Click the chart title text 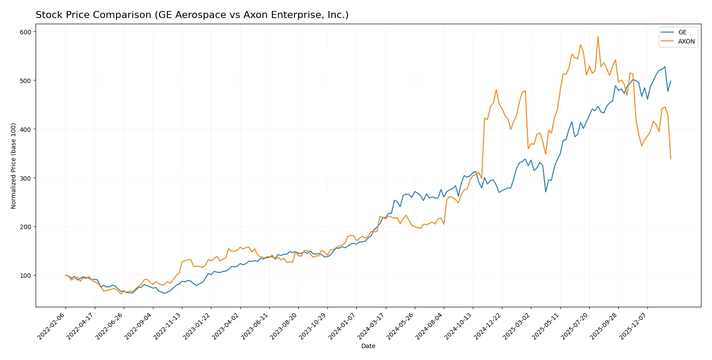pos(192,15)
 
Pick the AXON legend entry pos(686,41)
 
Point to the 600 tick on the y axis pos(25,32)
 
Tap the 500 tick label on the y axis pos(25,80)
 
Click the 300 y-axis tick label pos(25,178)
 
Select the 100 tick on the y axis pos(25,276)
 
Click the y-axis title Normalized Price pos(14,166)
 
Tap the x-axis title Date pos(368,346)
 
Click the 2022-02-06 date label pos(52,326)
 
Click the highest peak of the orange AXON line pos(598,36)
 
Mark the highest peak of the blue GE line pos(665,67)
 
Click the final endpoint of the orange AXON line pos(671,159)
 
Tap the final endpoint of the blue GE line pos(671,81)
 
